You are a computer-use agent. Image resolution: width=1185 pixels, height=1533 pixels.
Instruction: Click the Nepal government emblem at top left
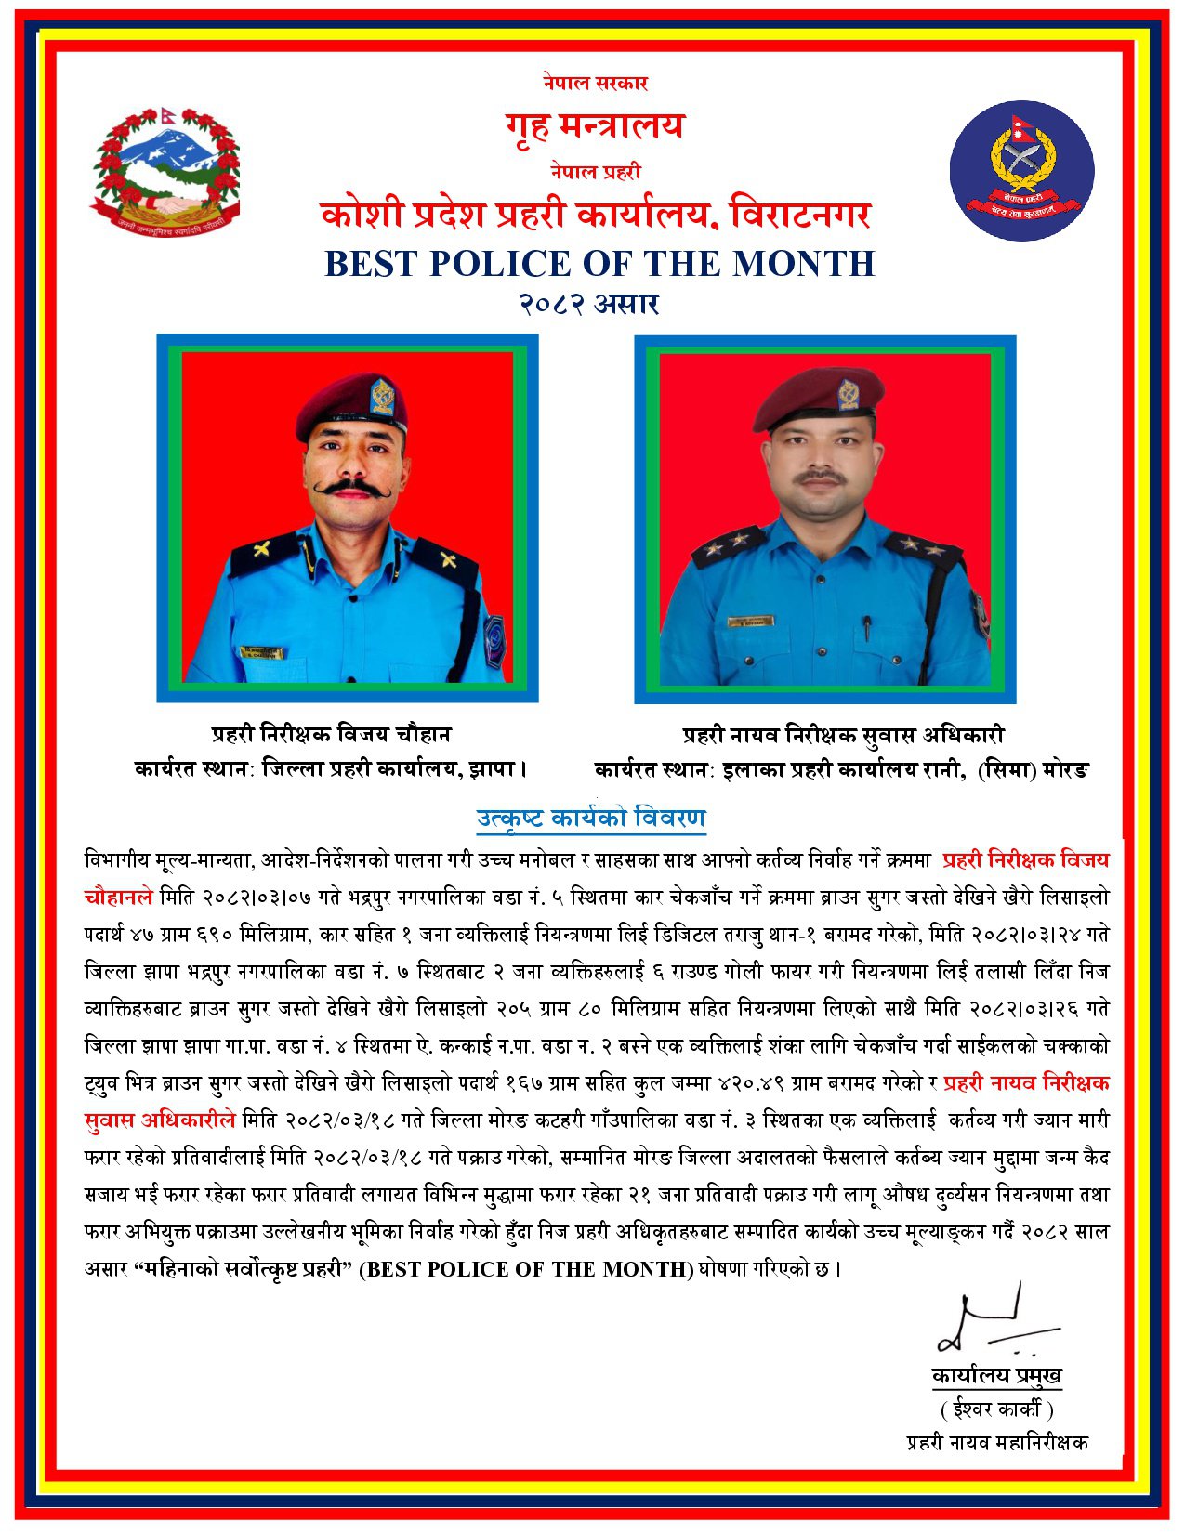166,171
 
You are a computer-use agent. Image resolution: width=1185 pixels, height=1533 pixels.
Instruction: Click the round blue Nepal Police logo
1021,172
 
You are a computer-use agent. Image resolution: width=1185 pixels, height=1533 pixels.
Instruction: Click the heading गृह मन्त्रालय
595,124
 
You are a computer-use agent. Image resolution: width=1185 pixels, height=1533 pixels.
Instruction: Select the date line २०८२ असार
589,304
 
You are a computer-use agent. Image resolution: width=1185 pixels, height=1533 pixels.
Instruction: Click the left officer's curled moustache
351,487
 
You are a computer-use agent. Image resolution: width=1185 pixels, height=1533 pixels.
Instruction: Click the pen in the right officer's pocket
866,627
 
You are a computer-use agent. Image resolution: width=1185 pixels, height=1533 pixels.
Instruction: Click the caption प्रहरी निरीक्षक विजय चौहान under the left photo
331,735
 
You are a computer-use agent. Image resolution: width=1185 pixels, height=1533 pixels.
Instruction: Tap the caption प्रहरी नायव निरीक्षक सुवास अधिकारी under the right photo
844,735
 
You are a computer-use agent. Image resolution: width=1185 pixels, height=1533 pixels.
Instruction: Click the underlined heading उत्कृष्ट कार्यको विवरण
591,819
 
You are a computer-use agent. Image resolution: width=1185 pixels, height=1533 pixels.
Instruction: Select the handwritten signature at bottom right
993,1325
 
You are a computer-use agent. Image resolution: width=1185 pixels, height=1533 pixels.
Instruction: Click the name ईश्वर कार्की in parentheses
996,1409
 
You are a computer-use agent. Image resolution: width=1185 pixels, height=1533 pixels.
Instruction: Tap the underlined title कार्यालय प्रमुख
996,1376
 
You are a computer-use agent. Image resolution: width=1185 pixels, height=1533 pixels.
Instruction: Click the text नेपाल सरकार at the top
596,83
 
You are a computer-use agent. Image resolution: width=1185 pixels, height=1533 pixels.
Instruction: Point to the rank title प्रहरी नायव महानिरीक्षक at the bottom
997,1443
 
